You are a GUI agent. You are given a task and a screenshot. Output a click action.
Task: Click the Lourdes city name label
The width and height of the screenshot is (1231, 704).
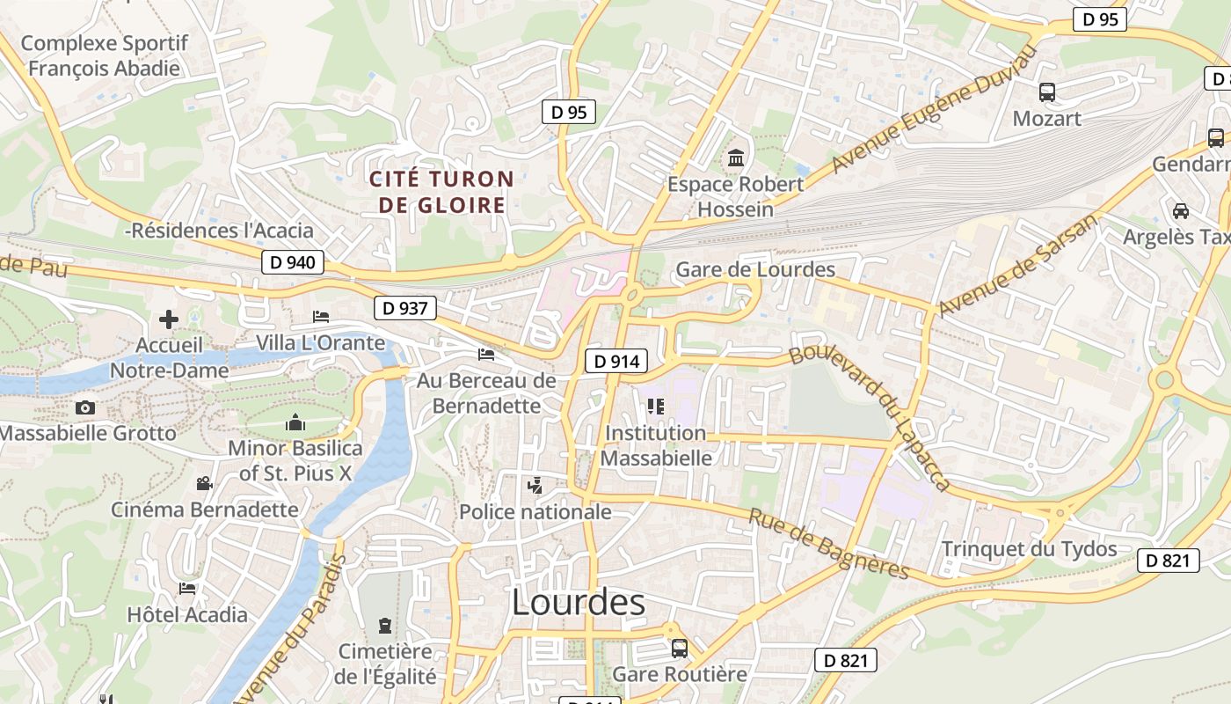pyautogui.click(x=578, y=603)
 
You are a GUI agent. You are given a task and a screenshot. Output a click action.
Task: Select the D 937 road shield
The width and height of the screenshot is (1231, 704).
pyautogui.click(x=405, y=308)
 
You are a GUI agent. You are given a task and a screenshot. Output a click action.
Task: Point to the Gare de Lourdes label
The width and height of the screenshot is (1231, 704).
pyautogui.click(x=754, y=269)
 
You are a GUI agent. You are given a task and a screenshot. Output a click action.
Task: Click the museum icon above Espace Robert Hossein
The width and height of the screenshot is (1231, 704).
pyautogui.click(x=735, y=159)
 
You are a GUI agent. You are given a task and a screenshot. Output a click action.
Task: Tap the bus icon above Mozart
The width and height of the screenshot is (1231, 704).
pyautogui.click(x=1046, y=92)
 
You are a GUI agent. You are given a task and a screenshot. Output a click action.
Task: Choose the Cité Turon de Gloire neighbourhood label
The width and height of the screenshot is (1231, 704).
pyautogui.click(x=441, y=192)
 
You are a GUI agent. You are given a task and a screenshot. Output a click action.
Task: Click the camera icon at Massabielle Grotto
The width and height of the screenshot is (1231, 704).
pyautogui.click(x=85, y=407)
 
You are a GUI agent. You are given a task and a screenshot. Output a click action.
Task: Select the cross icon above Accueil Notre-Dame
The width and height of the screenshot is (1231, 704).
pyautogui.click(x=168, y=319)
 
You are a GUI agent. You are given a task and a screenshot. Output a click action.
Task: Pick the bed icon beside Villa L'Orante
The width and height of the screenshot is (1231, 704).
pyautogui.click(x=321, y=317)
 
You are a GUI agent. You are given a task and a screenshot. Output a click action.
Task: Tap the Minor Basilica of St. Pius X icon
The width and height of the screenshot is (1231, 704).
pyautogui.click(x=295, y=423)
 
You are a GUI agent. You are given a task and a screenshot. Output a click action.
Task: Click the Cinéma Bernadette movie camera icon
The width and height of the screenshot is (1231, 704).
pyautogui.click(x=205, y=483)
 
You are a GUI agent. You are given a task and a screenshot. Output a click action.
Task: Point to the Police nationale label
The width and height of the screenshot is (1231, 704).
pyautogui.click(x=535, y=511)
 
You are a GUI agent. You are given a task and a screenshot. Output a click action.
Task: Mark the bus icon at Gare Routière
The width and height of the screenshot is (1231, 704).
pyautogui.click(x=679, y=649)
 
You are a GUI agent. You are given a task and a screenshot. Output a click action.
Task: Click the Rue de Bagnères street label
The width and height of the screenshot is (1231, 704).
pyautogui.click(x=828, y=544)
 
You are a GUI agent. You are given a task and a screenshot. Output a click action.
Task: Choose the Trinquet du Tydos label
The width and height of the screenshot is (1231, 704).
pyautogui.click(x=1029, y=549)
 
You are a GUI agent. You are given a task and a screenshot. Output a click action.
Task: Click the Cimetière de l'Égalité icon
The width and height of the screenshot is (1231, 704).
pyautogui.click(x=384, y=626)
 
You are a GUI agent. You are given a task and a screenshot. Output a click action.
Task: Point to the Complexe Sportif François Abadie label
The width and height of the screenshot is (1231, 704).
pyautogui.click(x=104, y=55)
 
